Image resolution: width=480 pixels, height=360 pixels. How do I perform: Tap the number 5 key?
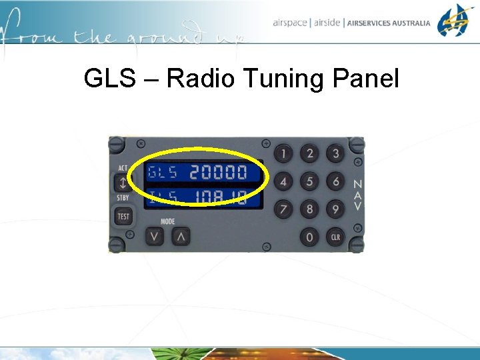click(309, 181)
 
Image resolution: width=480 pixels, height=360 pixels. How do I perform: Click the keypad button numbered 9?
click(335, 209)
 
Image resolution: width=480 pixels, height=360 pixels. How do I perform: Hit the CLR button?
click(335, 237)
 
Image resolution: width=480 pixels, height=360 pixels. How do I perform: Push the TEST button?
click(123, 216)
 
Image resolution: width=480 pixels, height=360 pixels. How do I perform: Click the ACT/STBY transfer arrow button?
click(123, 183)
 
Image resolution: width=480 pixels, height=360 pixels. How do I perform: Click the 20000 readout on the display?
click(218, 173)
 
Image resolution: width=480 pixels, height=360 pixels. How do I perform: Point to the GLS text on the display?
click(163, 173)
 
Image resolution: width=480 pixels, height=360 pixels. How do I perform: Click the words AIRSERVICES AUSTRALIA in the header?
click(389, 23)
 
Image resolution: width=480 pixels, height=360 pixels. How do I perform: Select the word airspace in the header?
click(290, 23)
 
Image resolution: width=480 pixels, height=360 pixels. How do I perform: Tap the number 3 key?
click(335, 154)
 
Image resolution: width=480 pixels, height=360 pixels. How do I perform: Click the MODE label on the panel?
click(167, 221)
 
